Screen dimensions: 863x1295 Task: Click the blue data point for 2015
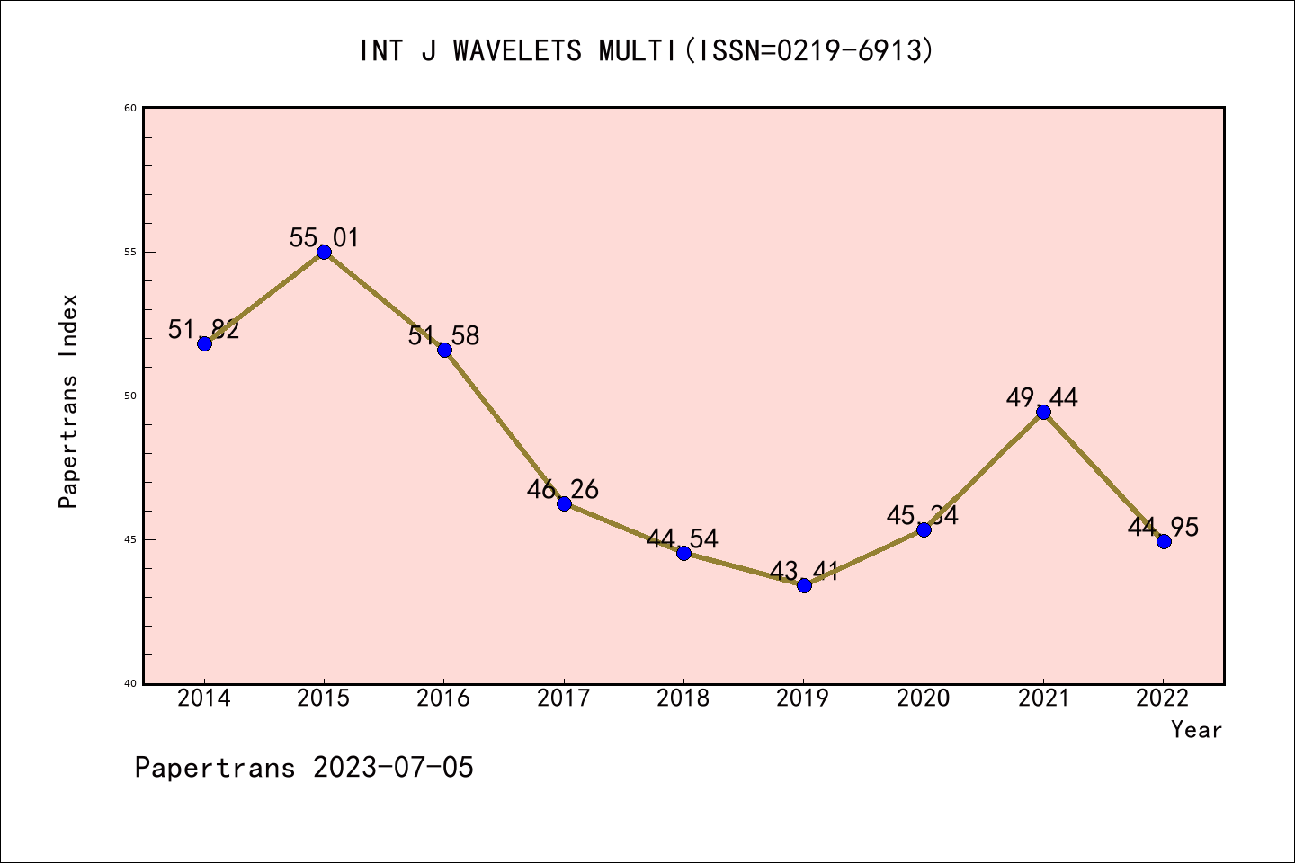[x=324, y=252]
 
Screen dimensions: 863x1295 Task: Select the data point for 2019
[x=804, y=585]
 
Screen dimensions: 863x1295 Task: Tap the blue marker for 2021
[x=1043, y=412]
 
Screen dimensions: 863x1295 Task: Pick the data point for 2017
[x=564, y=503]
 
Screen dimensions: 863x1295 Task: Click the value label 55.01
[x=324, y=238]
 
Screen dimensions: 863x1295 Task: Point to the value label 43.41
[x=804, y=571]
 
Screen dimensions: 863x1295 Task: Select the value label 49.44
[x=1042, y=397]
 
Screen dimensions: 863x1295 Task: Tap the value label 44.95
[x=1163, y=528]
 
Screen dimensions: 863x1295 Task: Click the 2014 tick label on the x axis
[x=204, y=698]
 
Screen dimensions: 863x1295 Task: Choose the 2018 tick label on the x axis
[x=683, y=698]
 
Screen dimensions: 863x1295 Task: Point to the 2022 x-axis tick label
[x=1163, y=698]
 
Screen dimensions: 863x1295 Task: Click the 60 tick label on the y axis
[x=130, y=108]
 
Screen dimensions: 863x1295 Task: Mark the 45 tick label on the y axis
[x=130, y=539]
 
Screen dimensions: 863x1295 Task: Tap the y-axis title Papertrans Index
[x=68, y=401]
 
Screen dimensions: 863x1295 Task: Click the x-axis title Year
[x=1196, y=730]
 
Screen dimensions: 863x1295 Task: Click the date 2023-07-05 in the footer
[x=393, y=768]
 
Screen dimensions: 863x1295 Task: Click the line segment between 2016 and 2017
[x=504, y=427]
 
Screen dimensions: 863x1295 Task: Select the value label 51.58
[x=444, y=336]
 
